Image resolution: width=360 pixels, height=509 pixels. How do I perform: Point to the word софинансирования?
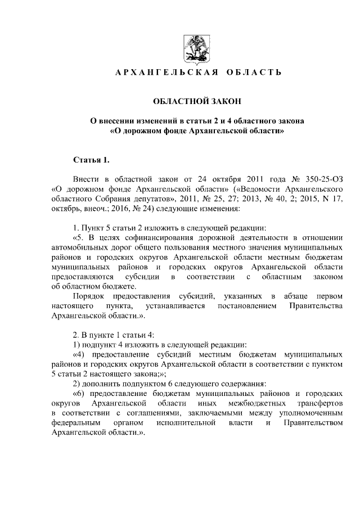click(x=146, y=237)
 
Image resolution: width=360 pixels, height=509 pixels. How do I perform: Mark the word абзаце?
click(x=298, y=296)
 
